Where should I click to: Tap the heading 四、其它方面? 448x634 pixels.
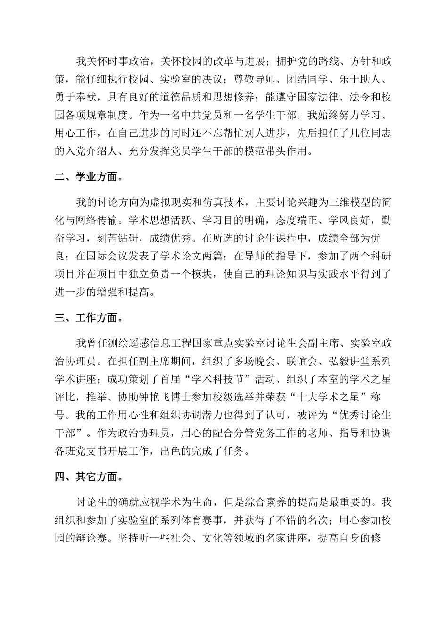[x=89, y=477]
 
